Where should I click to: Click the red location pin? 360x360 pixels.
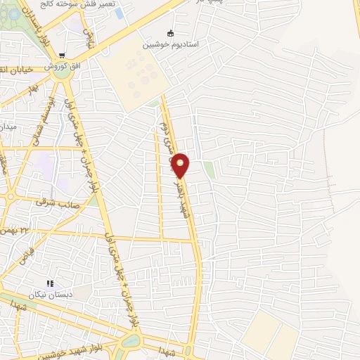[x=181, y=165]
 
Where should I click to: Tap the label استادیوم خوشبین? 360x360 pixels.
[x=171, y=44]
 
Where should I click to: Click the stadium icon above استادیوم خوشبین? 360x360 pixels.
[x=170, y=33]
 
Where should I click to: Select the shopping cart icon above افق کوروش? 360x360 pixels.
[x=62, y=56]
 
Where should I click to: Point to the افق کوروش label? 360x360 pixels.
[x=60, y=65]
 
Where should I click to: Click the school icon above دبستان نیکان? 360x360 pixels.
[x=50, y=283]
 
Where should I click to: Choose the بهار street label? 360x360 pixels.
[x=32, y=89]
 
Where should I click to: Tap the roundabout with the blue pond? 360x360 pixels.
[x=131, y=341]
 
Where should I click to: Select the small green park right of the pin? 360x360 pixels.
[x=209, y=169]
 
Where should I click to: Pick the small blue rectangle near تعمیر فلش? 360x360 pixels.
[x=119, y=13]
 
